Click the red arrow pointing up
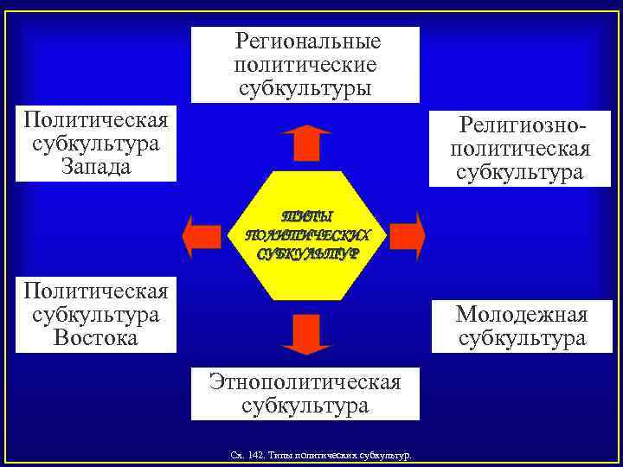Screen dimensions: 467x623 coord(305,143)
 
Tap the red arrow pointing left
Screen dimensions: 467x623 coord(202,234)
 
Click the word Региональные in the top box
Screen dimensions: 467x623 coord(308,42)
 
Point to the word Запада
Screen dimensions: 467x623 coord(96,165)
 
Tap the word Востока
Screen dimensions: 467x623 coord(96,337)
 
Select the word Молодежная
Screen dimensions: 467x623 coord(522,314)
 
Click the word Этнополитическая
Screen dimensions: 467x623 coord(305,381)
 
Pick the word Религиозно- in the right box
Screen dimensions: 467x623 coord(523,126)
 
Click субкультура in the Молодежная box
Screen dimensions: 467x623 coord(522,338)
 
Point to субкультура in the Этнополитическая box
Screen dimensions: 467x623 coord(305,405)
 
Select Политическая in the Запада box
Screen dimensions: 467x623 coord(96,118)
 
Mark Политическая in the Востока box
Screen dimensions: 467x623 coord(96,290)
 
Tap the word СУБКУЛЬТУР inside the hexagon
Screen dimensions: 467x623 coord(306,254)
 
